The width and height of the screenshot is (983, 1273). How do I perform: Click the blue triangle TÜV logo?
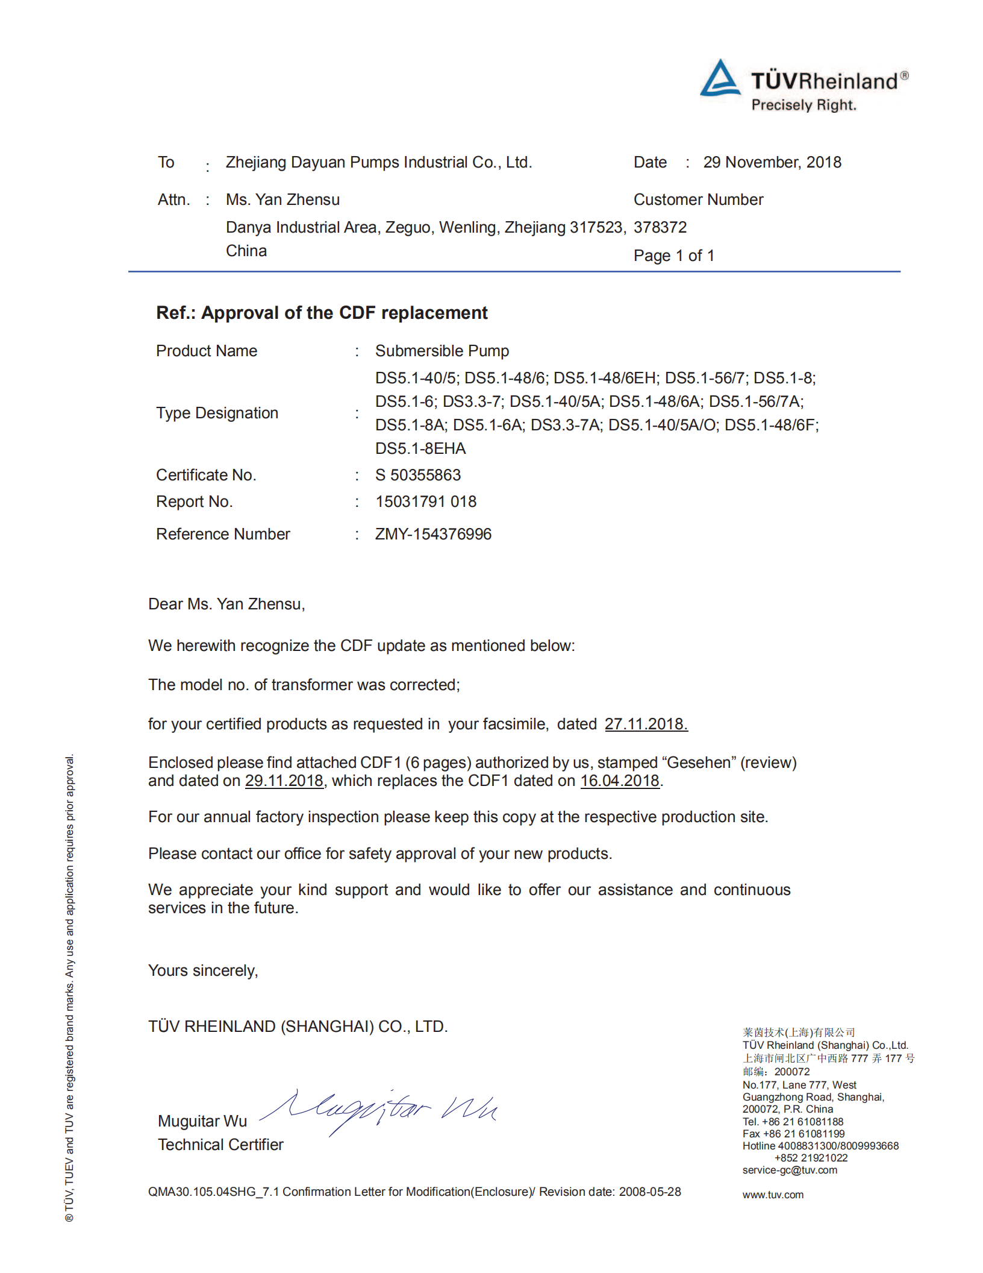pyautogui.click(x=720, y=78)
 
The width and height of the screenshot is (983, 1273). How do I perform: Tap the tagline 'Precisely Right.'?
pyautogui.click(x=804, y=105)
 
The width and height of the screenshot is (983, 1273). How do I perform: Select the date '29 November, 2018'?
pyautogui.click(x=772, y=162)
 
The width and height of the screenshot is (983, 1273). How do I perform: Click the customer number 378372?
pyautogui.click(x=660, y=227)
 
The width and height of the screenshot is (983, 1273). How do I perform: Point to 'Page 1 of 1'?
pyautogui.click(x=673, y=256)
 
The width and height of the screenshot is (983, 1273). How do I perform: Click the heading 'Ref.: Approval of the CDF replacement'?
pyautogui.click(x=322, y=313)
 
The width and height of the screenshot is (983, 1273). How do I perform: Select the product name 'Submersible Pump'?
pyautogui.click(x=442, y=351)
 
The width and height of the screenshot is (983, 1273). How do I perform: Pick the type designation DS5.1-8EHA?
pyautogui.click(x=420, y=448)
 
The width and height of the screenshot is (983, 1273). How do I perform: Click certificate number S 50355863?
pyautogui.click(x=418, y=475)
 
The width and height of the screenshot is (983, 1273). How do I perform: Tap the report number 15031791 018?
pyautogui.click(x=426, y=501)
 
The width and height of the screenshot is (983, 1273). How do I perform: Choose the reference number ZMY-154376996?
pyautogui.click(x=433, y=534)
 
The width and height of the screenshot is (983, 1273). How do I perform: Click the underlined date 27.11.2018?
pyautogui.click(x=646, y=724)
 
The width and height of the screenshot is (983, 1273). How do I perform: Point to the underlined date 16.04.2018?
pyautogui.click(x=620, y=781)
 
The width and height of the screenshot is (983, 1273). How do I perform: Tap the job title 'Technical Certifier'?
pyautogui.click(x=220, y=1145)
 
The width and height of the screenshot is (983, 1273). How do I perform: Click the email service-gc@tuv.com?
pyautogui.click(x=790, y=1170)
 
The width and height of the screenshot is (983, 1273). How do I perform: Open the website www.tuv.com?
pyautogui.click(x=773, y=1195)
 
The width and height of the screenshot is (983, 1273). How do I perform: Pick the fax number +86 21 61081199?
pyautogui.click(x=804, y=1134)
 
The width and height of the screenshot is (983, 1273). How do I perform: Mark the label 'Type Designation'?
pyautogui.click(x=217, y=413)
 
